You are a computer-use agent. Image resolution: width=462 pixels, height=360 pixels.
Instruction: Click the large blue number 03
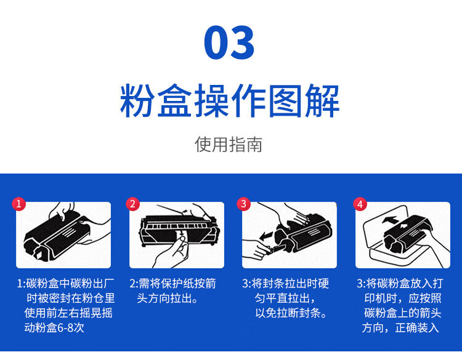229,42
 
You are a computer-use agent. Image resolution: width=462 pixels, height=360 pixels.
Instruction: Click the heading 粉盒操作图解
230,101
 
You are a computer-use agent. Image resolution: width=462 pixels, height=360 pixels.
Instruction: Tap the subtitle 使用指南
229,144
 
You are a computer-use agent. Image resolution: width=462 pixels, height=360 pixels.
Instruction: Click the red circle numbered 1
19,204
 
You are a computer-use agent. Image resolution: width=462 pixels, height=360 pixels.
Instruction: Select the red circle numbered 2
132,204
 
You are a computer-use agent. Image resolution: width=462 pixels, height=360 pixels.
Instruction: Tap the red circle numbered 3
244,204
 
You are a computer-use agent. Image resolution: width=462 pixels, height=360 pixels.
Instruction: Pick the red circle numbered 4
360,204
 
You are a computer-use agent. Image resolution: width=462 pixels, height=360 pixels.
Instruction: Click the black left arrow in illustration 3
267,236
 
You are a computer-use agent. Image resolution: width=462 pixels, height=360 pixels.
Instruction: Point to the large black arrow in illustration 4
390,220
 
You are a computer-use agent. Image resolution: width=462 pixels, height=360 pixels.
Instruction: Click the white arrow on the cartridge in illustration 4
403,226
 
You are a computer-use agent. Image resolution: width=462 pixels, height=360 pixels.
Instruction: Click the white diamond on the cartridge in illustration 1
38,254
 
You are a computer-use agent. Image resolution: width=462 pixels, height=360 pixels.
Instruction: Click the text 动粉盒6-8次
54,327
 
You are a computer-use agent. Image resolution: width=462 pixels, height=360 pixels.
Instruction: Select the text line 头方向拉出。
168,298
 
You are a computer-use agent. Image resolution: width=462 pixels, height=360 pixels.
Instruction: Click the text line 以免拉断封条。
291,313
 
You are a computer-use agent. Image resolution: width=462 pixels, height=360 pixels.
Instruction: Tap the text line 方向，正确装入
400,327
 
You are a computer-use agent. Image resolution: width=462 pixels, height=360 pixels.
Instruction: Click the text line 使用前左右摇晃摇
68,313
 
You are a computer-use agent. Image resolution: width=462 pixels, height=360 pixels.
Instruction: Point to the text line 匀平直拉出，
285,298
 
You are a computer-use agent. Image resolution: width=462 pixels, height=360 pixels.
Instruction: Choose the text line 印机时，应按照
403,298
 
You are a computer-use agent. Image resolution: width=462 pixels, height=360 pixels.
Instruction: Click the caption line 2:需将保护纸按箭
172,284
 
